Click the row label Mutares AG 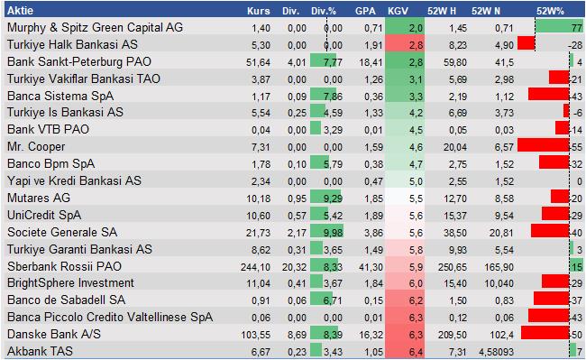point(39,197)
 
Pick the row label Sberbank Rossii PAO point(61,267)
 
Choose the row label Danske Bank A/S point(52,334)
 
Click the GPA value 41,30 point(363,267)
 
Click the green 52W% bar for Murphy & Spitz point(575,28)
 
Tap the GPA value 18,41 point(363,61)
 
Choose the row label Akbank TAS point(41,351)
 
